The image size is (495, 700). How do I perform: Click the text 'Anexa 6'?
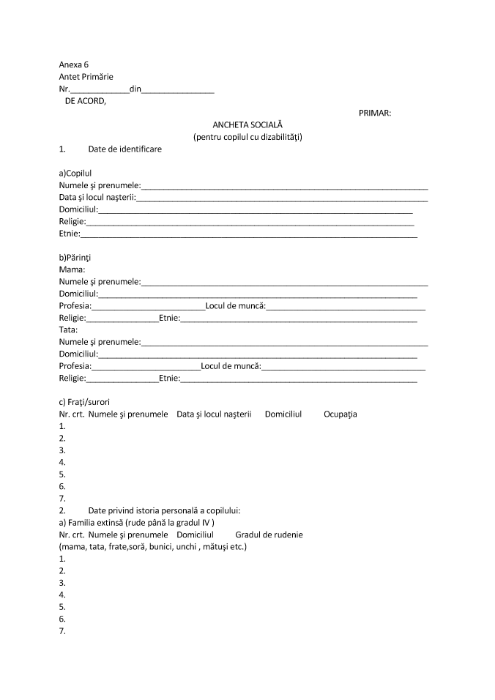pyautogui.click(x=74, y=64)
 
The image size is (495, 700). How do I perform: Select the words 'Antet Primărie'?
pyautogui.click(x=86, y=76)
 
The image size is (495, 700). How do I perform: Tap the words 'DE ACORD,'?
pyautogui.click(x=86, y=102)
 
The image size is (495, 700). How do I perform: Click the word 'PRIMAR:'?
pyautogui.click(x=375, y=113)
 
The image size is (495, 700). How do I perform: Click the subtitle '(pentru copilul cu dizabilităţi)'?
pyautogui.click(x=247, y=137)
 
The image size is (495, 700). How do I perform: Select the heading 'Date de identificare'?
pyautogui.click(x=124, y=149)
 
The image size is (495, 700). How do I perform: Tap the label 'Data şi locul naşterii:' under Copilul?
pyautogui.click(x=97, y=198)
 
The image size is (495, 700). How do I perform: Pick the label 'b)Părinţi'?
pyautogui.click(x=75, y=258)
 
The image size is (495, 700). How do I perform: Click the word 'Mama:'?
pyautogui.click(x=72, y=269)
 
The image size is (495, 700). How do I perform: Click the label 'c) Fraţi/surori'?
pyautogui.click(x=84, y=402)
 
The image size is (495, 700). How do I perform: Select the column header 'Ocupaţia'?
pyautogui.click(x=340, y=414)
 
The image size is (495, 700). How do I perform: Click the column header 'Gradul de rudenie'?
pyautogui.click(x=269, y=535)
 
